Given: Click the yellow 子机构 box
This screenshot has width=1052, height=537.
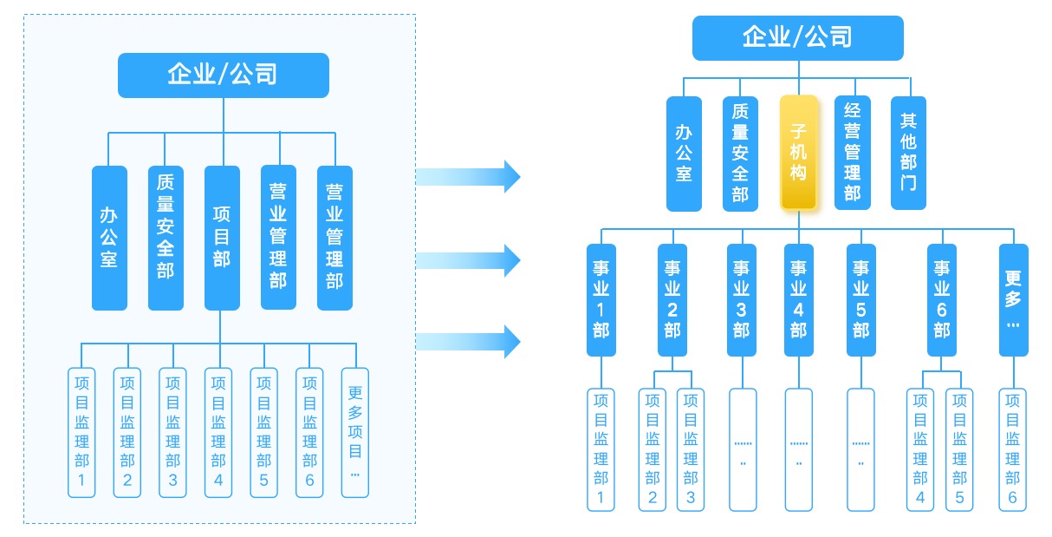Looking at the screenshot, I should point(798,153).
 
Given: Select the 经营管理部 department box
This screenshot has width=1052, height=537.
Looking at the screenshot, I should point(853,153).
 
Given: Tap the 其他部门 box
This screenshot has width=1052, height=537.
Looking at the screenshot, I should point(908,153).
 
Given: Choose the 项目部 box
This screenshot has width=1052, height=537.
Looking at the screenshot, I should point(222,237).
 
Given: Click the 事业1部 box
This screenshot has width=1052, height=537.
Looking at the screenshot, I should point(601,299).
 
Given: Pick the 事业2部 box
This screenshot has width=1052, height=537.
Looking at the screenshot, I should point(672,299).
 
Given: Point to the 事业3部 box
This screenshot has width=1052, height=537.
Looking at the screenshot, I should point(741,299).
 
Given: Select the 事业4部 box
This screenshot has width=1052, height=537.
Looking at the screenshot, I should point(799,299).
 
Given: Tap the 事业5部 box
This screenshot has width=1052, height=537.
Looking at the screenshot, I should point(860,299).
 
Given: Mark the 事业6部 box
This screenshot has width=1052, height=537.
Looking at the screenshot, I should point(942,299).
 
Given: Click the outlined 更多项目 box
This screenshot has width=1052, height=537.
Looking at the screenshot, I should point(355,432).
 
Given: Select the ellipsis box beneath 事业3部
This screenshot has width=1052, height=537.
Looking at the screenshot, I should point(743,449).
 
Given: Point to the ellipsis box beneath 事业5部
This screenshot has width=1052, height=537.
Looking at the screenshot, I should point(860,449).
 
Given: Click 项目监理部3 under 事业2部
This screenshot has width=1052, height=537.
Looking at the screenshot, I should point(691,449).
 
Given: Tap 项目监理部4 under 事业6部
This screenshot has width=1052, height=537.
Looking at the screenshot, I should point(920,449).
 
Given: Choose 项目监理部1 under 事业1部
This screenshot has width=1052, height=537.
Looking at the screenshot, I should point(601,449).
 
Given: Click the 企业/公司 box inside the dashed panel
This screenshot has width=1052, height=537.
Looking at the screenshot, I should point(224,75).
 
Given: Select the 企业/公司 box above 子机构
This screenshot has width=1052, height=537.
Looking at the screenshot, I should point(797,37).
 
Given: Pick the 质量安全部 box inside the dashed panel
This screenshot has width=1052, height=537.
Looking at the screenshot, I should point(166,237).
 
